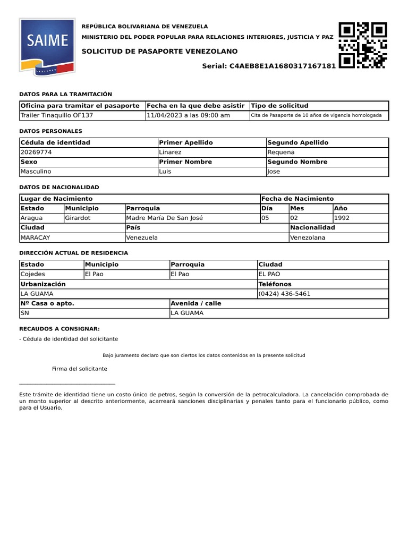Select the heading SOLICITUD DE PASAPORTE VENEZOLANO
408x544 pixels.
pyautogui.click(x=160, y=51)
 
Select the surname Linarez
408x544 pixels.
pyautogui.click(x=170, y=152)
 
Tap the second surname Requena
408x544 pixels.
pyautogui.click(x=280, y=152)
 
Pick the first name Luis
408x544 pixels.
pyautogui.click(x=165, y=171)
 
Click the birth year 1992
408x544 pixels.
pyautogui.click(x=342, y=218)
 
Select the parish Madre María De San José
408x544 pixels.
pyautogui.click(x=165, y=218)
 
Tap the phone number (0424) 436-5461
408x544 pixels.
pyautogui.click(x=284, y=293)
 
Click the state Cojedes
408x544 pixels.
pyautogui.click(x=32, y=274)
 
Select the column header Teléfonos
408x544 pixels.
pyautogui.click(x=275, y=284)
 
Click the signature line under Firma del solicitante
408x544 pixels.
pyautogui.click(x=67, y=383)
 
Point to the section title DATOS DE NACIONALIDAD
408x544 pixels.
pyautogui.click(x=59, y=187)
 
